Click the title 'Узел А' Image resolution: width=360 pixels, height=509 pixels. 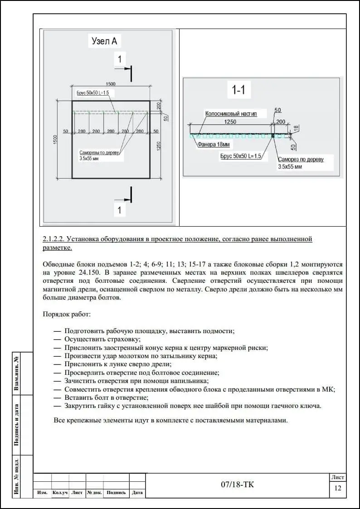click(x=104, y=41)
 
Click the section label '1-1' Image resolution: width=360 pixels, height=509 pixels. click(x=238, y=90)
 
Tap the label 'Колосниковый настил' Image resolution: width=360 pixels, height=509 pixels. click(x=231, y=114)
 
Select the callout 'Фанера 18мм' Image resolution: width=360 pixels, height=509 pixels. click(x=213, y=145)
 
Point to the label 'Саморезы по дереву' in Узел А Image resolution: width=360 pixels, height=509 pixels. click(x=99, y=153)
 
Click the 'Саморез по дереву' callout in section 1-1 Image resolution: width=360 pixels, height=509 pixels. click(x=300, y=160)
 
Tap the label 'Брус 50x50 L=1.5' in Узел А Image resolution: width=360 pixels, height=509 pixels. click(x=93, y=92)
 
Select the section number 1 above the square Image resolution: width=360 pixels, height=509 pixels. click(x=119, y=59)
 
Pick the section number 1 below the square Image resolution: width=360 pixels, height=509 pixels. click(x=119, y=210)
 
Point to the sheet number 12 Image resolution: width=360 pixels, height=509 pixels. click(x=337, y=488)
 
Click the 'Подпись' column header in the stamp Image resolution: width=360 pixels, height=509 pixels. click(x=116, y=493)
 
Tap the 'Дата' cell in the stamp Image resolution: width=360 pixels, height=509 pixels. click(x=137, y=493)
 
